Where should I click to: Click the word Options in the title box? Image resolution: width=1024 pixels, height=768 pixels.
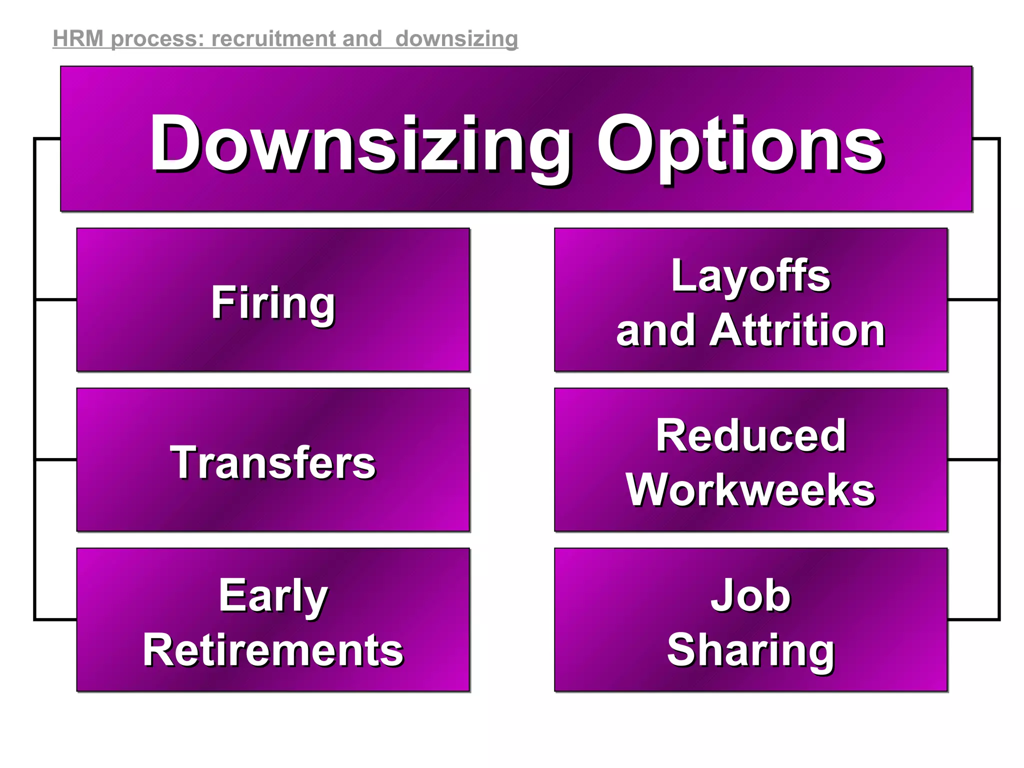click(740, 145)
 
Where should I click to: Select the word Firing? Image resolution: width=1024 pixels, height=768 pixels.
click(273, 302)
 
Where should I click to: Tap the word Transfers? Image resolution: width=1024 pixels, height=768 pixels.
click(273, 463)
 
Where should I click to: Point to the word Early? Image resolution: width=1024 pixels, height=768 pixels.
click(273, 595)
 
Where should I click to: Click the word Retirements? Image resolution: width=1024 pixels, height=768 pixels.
click(273, 650)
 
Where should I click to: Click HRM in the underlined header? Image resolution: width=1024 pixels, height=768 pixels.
click(78, 39)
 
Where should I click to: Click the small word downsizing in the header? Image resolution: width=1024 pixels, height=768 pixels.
click(456, 39)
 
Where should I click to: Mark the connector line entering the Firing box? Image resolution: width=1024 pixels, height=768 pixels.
click(56, 299)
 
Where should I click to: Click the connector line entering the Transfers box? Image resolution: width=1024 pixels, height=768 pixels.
click(56, 459)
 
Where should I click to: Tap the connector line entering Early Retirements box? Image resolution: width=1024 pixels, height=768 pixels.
click(56, 619)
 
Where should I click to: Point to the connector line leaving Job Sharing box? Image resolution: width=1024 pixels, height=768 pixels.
click(973, 619)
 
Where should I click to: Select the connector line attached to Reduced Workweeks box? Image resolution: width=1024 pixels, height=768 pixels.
click(973, 459)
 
